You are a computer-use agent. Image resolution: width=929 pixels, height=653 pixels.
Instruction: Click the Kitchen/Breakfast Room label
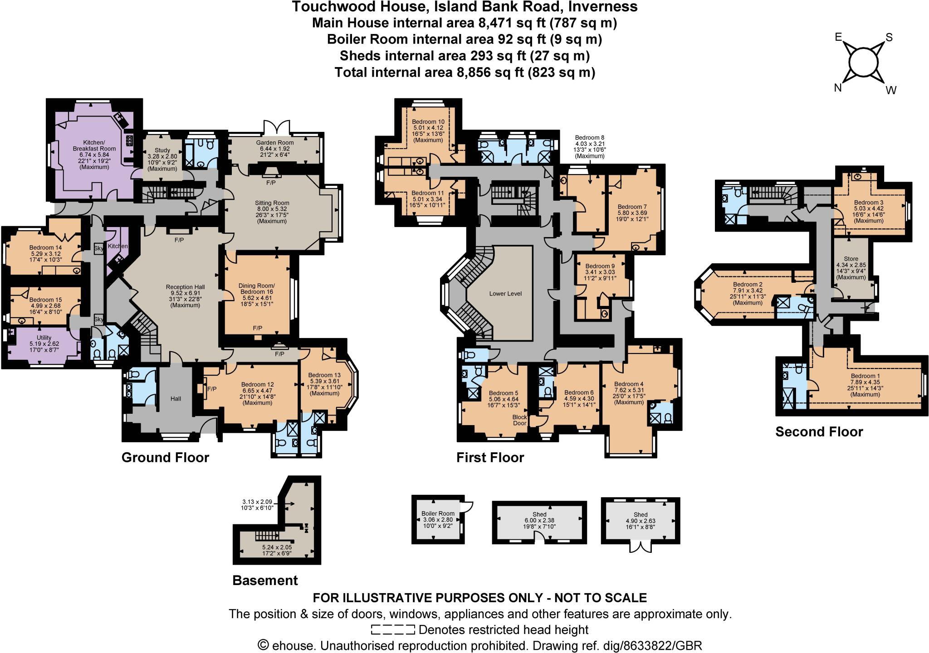94,145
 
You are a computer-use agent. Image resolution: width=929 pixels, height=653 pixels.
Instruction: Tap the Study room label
162,150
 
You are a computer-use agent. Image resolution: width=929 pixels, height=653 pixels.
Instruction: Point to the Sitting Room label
272,203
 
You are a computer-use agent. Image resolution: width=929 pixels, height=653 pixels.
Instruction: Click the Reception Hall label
185,287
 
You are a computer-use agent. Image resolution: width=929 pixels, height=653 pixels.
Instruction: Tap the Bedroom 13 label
324,375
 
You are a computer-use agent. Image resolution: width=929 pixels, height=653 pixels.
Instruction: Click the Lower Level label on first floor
505,294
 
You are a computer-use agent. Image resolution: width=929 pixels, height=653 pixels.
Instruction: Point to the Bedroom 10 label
428,122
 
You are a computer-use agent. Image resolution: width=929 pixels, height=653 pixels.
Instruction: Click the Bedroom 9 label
600,266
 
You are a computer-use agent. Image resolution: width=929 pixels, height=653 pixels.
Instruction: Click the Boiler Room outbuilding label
438,513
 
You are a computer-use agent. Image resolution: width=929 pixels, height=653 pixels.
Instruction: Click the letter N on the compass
838,88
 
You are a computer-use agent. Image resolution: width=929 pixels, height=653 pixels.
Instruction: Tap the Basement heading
265,580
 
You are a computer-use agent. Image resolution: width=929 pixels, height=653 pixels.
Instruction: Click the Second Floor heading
819,432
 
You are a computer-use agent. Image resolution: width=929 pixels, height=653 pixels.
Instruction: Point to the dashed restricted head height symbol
392,630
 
